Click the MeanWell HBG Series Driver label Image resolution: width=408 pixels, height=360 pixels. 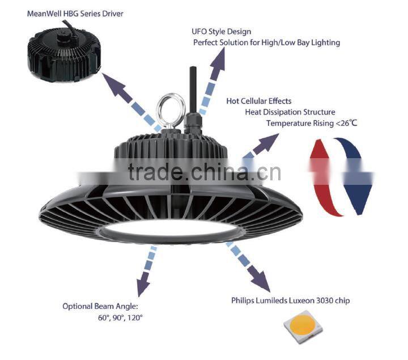[x=75, y=14]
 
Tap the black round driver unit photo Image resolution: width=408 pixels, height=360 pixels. [x=64, y=53]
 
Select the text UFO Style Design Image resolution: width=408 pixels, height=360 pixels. [x=222, y=32]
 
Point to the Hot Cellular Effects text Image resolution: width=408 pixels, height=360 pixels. [x=258, y=101]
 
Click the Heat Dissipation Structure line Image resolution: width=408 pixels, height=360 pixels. [x=290, y=112]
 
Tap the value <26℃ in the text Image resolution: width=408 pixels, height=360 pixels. [x=346, y=123]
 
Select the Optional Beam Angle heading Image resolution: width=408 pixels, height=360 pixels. [x=100, y=306]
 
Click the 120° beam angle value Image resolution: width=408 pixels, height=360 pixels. [x=135, y=317]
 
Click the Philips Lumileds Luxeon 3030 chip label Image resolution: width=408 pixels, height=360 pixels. [x=290, y=300]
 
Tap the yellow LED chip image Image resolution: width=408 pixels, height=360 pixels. [x=303, y=327]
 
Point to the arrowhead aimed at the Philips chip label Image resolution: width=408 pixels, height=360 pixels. [x=260, y=279]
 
